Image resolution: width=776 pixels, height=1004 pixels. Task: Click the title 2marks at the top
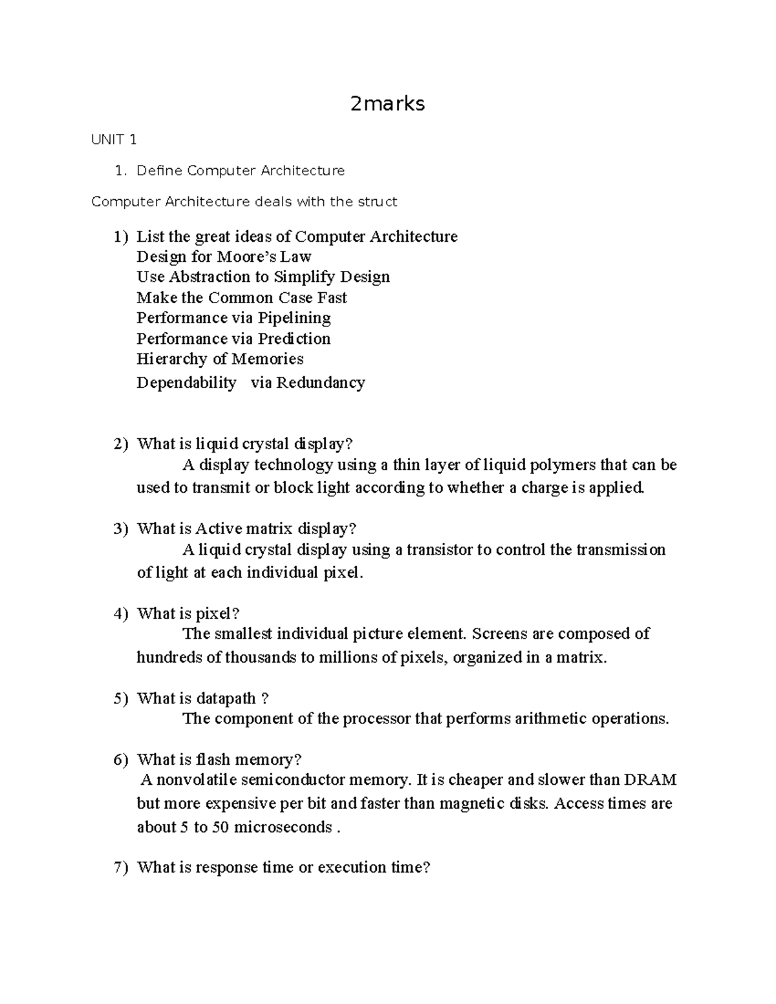387,103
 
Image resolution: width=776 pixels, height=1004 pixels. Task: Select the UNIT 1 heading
114,140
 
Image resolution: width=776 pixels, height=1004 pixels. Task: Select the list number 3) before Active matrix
121,529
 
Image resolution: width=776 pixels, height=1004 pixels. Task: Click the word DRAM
650,780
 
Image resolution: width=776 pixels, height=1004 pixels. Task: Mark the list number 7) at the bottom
121,868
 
